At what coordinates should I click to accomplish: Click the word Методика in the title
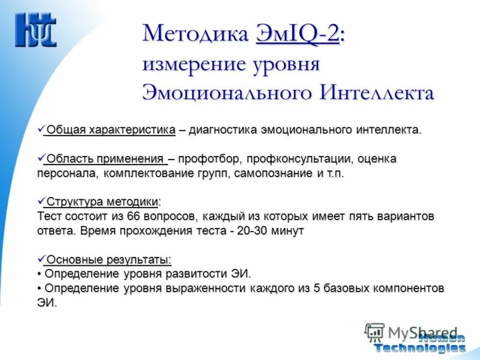click(x=195, y=34)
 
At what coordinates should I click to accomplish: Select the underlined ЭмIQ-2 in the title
click(x=298, y=34)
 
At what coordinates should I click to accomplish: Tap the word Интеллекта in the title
click(x=377, y=93)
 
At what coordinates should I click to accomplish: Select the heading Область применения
click(x=106, y=159)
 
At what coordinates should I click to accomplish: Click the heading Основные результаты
click(x=109, y=259)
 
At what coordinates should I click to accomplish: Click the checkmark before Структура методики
click(x=41, y=200)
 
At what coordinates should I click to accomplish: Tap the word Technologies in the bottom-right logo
click(x=419, y=347)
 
